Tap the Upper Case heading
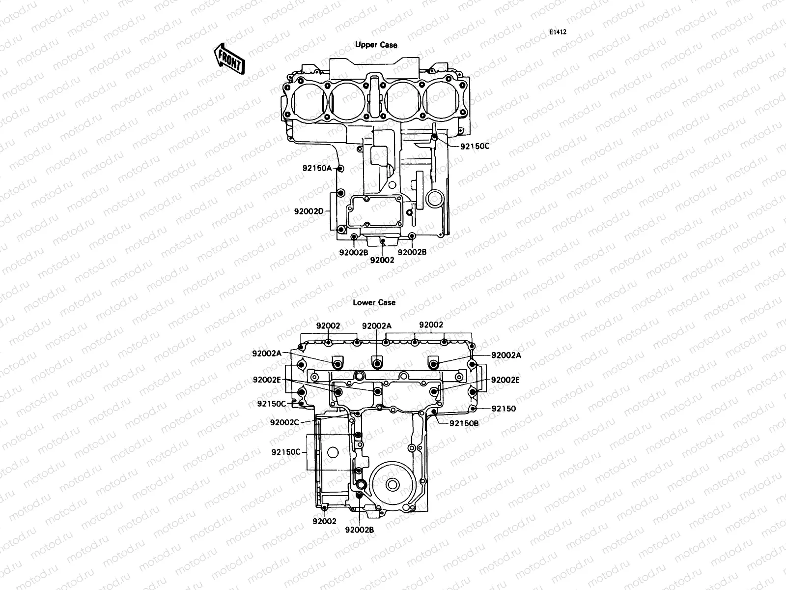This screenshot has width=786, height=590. tap(376, 45)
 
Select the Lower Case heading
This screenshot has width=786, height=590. tap(374, 302)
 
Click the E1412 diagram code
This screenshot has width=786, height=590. tap(558, 32)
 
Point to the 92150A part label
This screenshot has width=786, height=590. tap(317, 168)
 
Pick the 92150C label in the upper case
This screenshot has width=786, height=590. tap(475, 146)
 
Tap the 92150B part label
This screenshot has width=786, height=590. tap(464, 423)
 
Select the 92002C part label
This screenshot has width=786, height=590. tap(284, 422)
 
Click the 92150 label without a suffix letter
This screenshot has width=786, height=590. tap(504, 409)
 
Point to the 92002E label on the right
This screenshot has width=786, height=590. tap(505, 380)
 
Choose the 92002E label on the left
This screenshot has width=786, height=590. tap(267, 380)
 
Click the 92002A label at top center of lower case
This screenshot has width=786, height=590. tap(377, 325)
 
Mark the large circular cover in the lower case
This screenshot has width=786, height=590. tap(392, 485)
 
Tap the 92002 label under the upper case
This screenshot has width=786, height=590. tap(382, 260)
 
